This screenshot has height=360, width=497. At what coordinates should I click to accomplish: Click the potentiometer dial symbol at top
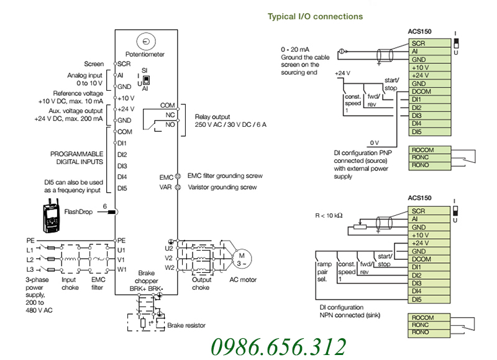point(146,41)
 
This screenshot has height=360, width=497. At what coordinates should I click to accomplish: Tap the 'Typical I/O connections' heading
point(315,17)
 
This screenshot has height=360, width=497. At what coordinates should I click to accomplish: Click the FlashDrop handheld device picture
point(51,216)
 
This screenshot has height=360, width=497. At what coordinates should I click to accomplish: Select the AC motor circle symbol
point(242,259)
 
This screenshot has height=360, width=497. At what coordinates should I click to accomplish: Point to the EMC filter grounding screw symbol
point(178,177)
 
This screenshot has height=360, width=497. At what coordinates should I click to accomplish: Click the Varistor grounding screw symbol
point(178,187)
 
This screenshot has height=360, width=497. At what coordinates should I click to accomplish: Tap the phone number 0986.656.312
point(278,347)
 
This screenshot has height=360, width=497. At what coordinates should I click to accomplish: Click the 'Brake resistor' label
point(186,325)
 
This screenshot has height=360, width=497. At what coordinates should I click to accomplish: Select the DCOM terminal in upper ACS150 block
point(429,91)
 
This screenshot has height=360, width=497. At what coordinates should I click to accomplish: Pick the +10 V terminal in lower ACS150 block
point(429,235)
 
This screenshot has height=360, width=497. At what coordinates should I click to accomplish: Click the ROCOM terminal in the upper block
point(429,150)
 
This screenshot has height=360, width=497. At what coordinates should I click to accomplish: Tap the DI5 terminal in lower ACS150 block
point(429,299)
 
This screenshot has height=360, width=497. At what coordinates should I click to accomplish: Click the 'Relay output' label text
point(212,117)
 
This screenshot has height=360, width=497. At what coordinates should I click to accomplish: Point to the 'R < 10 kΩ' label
point(329,216)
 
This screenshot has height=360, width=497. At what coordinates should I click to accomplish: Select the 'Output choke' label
point(201,284)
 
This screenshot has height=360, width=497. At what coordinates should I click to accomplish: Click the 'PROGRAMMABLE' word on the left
point(76,154)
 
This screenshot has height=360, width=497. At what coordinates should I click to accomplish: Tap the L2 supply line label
point(30,259)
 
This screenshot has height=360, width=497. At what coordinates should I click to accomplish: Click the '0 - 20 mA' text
point(294,50)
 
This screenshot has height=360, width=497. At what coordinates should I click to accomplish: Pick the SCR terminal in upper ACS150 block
point(429,43)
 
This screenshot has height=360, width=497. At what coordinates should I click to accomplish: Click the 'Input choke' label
point(70,284)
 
